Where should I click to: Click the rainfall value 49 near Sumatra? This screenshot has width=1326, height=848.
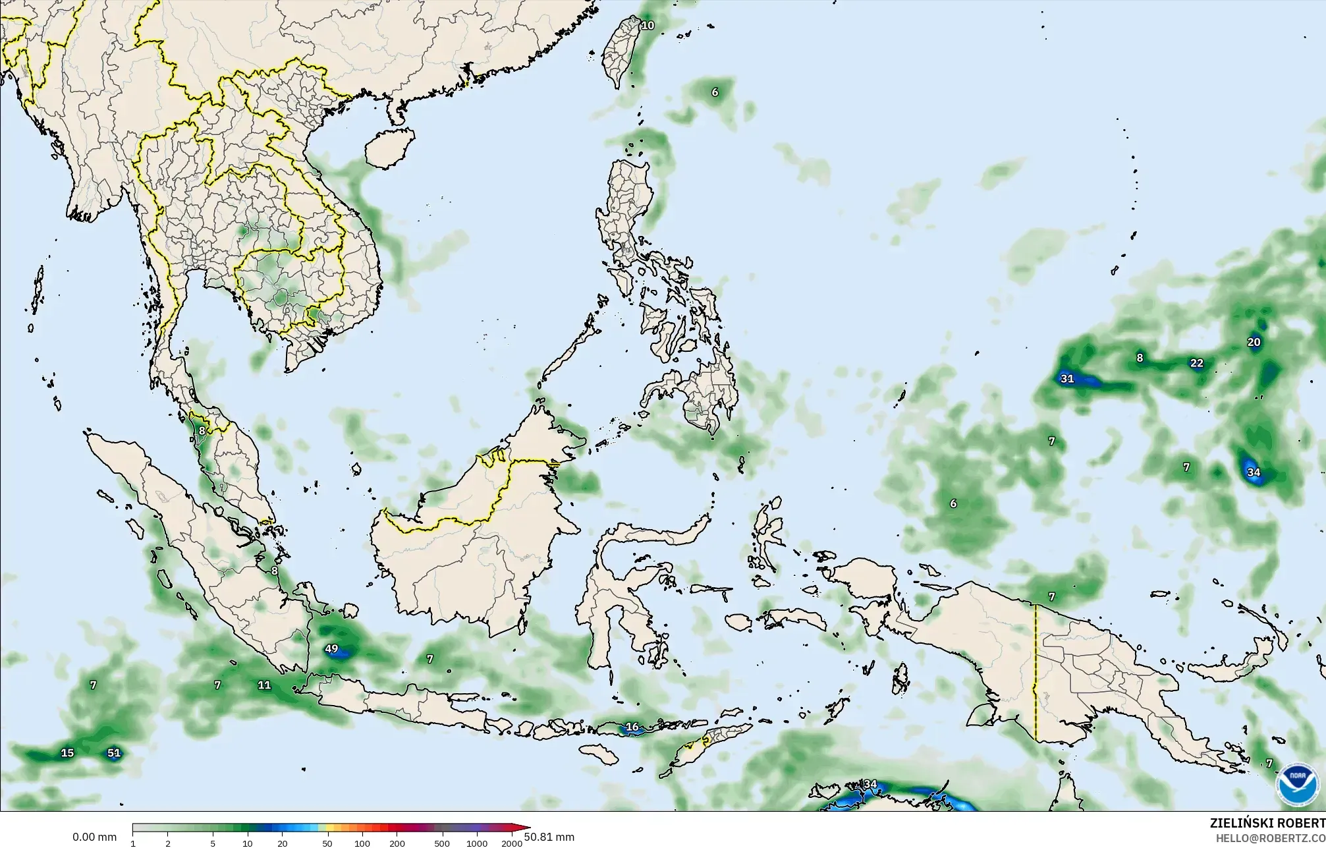[x=331, y=649]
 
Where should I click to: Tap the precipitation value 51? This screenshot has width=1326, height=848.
[x=114, y=753]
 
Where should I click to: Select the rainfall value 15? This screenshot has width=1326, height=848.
[x=67, y=753]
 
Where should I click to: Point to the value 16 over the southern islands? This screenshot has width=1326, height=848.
[x=632, y=727]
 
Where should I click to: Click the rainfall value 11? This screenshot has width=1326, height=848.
[x=264, y=685]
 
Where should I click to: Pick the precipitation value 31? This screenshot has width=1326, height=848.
[x=1066, y=379]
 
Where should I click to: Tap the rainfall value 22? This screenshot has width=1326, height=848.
[x=1197, y=363]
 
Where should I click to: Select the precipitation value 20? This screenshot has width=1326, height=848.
[x=1254, y=342]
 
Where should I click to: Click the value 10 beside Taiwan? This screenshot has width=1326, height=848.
[x=648, y=26]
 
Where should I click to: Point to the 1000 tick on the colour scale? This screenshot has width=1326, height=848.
[x=477, y=843]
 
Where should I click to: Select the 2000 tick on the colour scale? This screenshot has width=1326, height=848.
[x=512, y=843]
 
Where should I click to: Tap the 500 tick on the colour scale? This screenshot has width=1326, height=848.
[x=442, y=843]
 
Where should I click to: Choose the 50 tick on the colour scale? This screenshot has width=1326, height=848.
[x=327, y=843]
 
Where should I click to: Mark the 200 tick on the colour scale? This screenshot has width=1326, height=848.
[x=397, y=843]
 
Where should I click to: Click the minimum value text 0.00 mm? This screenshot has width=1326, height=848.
[x=94, y=837]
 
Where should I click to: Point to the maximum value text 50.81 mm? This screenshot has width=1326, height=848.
[x=549, y=837]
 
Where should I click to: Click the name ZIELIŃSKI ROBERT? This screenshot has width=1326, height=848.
[x=1267, y=823]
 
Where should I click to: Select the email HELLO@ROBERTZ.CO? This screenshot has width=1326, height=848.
[x=1270, y=837]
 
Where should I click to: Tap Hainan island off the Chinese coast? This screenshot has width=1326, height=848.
[x=389, y=146]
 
